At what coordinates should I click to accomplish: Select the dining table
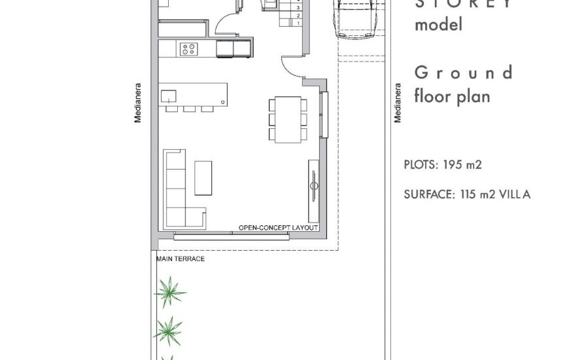click(x=288, y=118)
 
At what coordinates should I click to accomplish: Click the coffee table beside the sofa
click(x=203, y=177)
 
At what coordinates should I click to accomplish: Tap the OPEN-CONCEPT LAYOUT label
click(x=278, y=228)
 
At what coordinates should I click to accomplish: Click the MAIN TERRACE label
click(x=181, y=259)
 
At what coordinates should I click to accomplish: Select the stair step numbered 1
click(x=298, y=23)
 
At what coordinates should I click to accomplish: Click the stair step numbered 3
click(x=298, y=8)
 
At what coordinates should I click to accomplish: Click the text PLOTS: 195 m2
click(x=443, y=165)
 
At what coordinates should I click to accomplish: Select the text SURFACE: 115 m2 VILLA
click(x=467, y=194)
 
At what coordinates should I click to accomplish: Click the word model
click(x=438, y=25)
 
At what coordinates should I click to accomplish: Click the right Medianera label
click(x=397, y=103)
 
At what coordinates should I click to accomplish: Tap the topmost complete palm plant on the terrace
click(x=170, y=291)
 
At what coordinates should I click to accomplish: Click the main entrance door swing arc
click(x=291, y=65)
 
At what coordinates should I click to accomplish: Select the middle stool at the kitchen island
click(x=190, y=109)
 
